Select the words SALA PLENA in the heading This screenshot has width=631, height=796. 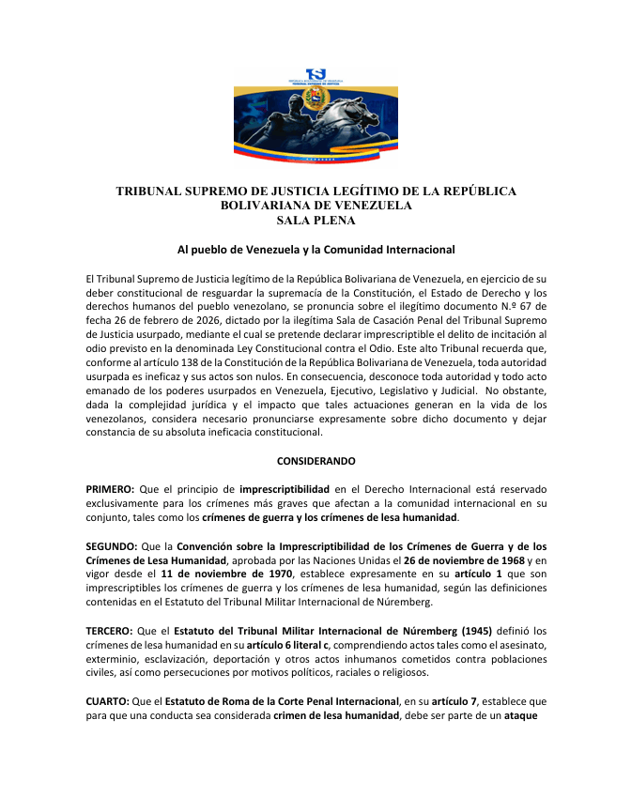point(315,221)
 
